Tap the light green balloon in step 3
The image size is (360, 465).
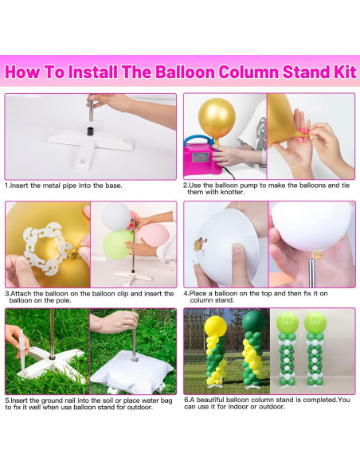tap(117, 244)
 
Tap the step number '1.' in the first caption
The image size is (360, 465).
tap(7, 186)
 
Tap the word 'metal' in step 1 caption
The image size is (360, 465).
tap(52, 186)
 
